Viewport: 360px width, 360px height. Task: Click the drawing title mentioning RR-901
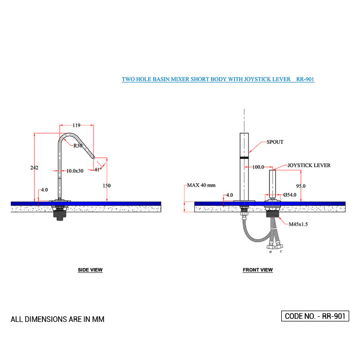click(x=218, y=80)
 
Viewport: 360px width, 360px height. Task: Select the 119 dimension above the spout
click(x=76, y=125)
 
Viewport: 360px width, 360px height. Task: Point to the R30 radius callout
click(x=78, y=146)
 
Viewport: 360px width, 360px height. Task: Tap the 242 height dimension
click(x=34, y=168)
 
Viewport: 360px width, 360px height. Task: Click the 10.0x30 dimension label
click(x=75, y=171)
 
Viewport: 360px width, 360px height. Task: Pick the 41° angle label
click(x=98, y=169)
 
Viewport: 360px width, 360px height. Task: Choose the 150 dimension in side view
click(x=106, y=186)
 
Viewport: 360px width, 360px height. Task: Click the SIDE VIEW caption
click(x=90, y=270)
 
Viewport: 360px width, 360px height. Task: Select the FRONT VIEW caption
click(x=258, y=270)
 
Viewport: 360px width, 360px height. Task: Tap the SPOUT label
click(x=275, y=142)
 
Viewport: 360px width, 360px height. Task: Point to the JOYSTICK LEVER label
click(x=309, y=166)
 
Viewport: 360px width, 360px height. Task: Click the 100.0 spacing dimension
click(x=258, y=167)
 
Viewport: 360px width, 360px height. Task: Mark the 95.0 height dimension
click(x=300, y=186)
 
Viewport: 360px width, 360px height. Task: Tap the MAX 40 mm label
click(x=201, y=185)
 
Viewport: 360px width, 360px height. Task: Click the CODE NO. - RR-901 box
click(x=315, y=316)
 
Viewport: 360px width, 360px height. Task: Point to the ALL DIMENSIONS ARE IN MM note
click(x=58, y=319)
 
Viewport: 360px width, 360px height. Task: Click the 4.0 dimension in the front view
click(x=229, y=195)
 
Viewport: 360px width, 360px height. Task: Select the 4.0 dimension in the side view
click(x=45, y=190)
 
